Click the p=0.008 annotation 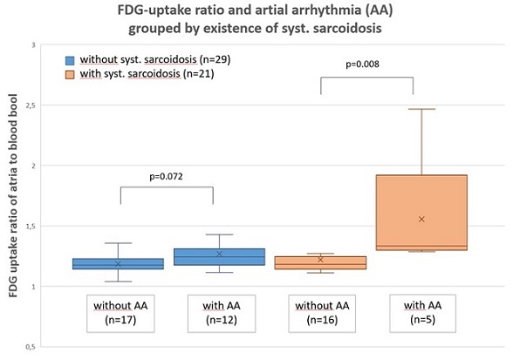[362, 65]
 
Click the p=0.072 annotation [166, 177]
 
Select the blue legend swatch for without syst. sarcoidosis [70, 60]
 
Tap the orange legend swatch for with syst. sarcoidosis [70, 75]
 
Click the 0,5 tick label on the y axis [31, 347]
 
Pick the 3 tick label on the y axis [33, 45]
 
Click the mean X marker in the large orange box [421, 219]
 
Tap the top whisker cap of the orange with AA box [421, 109]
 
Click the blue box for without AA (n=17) [118, 264]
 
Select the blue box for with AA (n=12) [219, 256]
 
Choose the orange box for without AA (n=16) [321, 263]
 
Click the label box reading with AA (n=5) [422, 313]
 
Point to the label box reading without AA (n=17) [120, 314]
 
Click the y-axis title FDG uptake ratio [13, 195]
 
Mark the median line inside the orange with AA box [421, 246]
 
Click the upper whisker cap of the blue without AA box [118, 243]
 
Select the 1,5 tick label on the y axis [31, 227]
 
